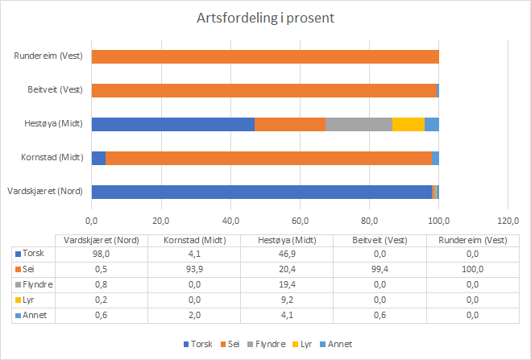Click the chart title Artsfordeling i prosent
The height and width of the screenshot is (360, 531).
[265, 18]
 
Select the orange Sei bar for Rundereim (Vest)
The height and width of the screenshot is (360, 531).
[265, 56]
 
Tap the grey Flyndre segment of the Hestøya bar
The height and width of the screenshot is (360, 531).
[359, 124]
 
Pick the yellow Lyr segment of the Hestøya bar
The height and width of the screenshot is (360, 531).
[409, 124]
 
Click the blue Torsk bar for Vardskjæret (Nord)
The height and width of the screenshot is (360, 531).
[261, 192]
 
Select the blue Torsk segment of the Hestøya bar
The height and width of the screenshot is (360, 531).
[172, 124]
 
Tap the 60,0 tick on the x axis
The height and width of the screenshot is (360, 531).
[300, 221]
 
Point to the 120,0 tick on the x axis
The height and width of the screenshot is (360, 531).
[508, 221]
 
